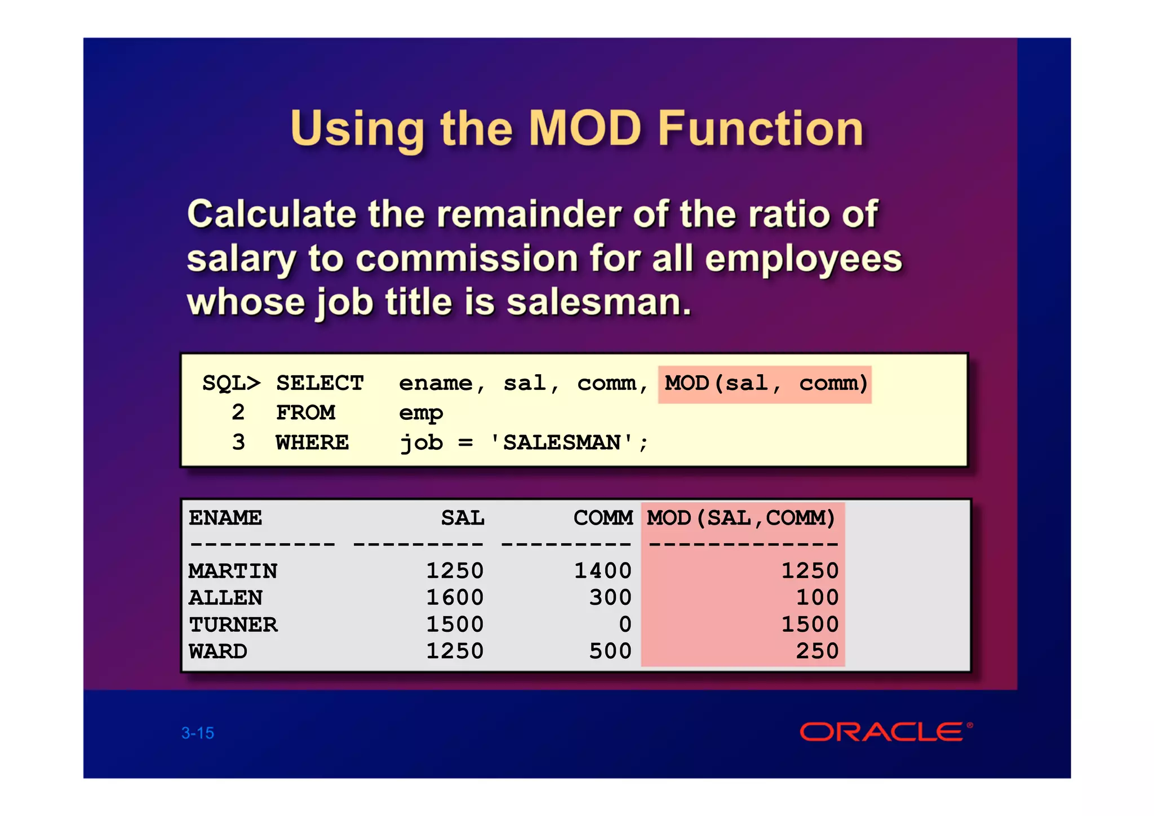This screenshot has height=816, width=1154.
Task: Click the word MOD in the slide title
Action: pyautogui.click(x=585, y=128)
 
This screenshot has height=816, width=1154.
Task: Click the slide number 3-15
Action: pyautogui.click(x=198, y=733)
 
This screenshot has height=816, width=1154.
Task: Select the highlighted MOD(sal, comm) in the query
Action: pyautogui.click(x=765, y=384)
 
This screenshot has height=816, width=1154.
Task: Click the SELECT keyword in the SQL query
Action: pyautogui.click(x=319, y=384)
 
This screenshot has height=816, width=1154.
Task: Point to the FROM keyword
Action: pyautogui.click(x=305, y=413)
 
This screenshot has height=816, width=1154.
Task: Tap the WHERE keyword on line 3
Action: pyautogui.click(x=312, y=443)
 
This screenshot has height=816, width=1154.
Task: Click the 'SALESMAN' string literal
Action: pyautogui.click(x=562, y=443)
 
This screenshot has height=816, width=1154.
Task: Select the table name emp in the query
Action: pyautogui.click(x=420, y=413)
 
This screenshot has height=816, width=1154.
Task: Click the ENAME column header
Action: pyautogui.click(x=225, y=518)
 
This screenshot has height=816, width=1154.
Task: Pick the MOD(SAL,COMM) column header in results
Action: pyautogui.click(x=740, y=518)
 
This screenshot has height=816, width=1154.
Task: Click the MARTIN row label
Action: pyautogui.click(x=233, y=571)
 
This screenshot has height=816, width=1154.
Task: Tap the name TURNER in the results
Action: pyautogui.click(x=233, y=625)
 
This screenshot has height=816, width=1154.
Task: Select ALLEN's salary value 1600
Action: pyautogui.click(x=454, y=598)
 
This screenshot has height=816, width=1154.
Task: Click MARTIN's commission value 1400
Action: pyautogui.click(x=602, y=571)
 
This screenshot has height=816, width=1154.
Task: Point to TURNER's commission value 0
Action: pyautogui.click(x=625, y=625)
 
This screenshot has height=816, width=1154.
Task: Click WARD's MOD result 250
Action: pyautogui.click(x=817, y=651)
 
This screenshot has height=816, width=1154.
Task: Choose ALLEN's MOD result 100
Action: pyautogui.click(x=817, y=598)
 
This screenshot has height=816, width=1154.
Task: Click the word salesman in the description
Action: pyautogui.click(x=598, y=303)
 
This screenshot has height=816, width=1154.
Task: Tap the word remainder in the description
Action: pyautogui.click(x=529, y=215)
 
